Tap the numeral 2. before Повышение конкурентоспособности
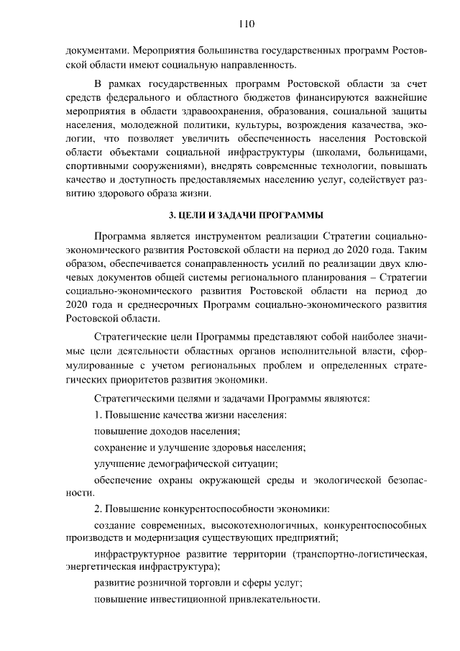[99, 509]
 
